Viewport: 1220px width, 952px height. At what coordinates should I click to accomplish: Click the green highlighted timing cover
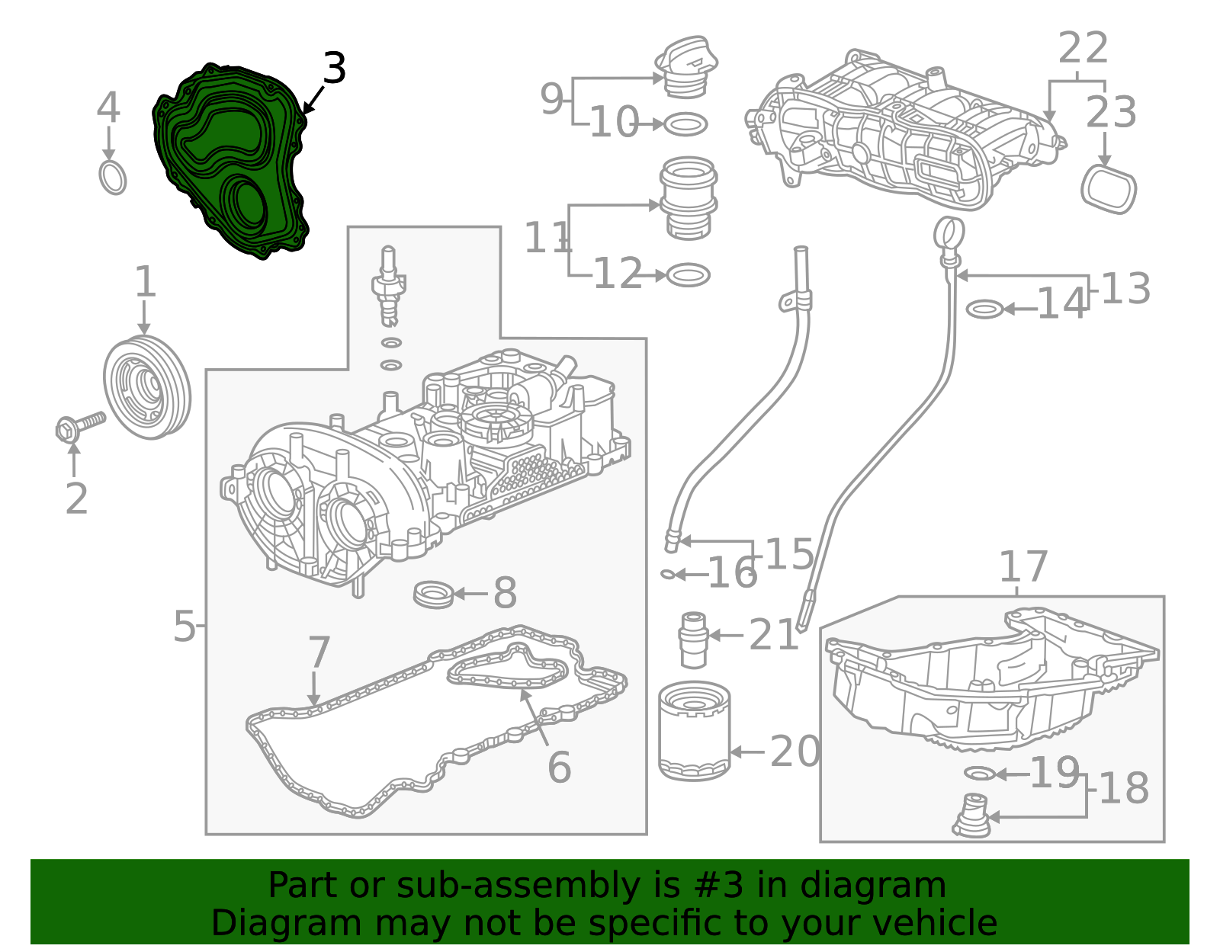point(229,160)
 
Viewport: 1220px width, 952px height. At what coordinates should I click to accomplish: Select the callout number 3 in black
point(334,69)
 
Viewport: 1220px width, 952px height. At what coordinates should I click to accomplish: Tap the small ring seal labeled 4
point(113,178)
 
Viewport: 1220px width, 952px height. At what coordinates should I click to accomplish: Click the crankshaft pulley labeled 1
point(146,387)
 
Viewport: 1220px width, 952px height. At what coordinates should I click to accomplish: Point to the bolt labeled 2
point(79,426)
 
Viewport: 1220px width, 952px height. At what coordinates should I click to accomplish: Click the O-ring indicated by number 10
point(685,123)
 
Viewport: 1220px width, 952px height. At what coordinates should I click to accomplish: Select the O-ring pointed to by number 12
point(688,275)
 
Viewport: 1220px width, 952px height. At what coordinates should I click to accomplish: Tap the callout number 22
point(1083,49)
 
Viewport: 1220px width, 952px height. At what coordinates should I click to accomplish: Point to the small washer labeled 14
point(984,309)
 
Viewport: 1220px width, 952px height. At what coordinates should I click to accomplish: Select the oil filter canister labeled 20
point(694,732)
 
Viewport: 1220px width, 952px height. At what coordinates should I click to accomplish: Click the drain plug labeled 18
point(971,817)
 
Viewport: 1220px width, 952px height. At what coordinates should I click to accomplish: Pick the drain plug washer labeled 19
point(980,774)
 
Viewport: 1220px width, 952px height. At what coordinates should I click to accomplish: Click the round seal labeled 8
point(433,594)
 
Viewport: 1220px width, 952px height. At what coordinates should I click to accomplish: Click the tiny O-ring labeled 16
point(667,574)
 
